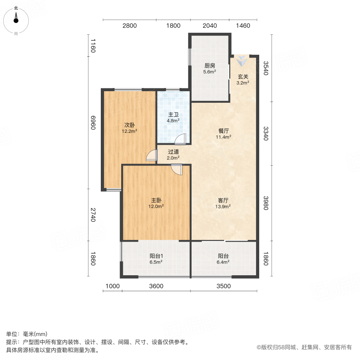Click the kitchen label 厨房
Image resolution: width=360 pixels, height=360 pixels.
tap(210, 66)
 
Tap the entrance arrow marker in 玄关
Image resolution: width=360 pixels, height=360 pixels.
tap(242, 61)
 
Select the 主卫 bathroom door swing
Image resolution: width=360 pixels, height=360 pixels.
tap(180, 139)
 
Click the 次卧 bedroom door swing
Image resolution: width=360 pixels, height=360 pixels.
tap(152, 155)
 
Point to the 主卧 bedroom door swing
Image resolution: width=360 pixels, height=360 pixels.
tap(177, 170)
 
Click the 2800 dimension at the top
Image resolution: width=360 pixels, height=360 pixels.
tap(130, 26)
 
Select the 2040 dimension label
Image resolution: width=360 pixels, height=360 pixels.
tap(210, 26)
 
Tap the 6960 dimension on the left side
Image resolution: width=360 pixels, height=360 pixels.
tap(93, 123)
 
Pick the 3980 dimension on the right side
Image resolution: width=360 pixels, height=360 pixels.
tap(266, 203)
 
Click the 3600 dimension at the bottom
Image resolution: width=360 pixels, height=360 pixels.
tap(156, 286)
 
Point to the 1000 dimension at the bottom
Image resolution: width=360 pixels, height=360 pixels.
tap(112, 286)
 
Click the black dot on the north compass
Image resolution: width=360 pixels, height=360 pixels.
tap(16, 21)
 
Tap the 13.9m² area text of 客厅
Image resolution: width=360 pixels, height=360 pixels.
tap(223, 207)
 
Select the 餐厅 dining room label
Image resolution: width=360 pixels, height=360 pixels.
tap(223, 131)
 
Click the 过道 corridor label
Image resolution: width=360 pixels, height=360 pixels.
tap(173, 152)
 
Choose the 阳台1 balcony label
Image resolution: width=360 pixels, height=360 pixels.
tap(156, 256)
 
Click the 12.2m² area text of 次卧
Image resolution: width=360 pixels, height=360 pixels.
tap(130, 131)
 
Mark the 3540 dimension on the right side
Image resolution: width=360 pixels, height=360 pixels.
tap(266, 68)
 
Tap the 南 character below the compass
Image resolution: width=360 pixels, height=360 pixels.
tap(16, 34)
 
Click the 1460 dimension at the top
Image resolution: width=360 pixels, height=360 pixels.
tap(243, 26)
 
